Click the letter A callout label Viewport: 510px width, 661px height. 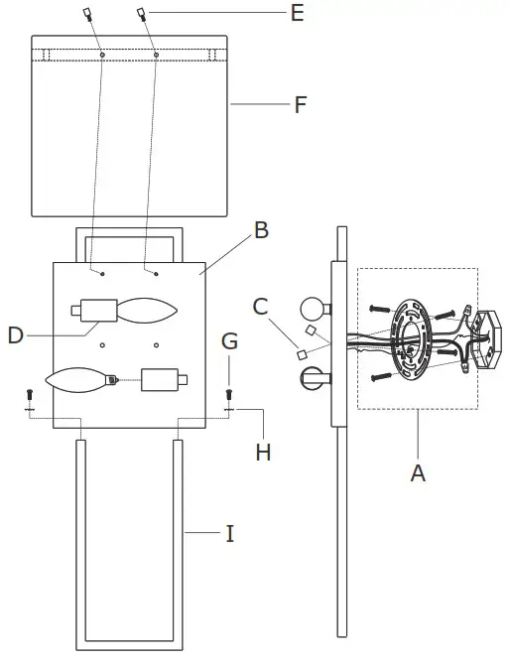[x=418, y=473]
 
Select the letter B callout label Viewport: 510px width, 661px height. [x=261, y=230]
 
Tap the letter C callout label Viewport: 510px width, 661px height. [x=260, y=308]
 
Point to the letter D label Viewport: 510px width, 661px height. [x=15, y=335]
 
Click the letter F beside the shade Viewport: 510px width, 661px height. [x=300, y=104]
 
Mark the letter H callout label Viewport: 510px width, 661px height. [x=262, y=452]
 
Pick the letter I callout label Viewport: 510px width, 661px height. [x=230, y=534]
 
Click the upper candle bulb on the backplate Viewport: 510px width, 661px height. [x=146, y=310]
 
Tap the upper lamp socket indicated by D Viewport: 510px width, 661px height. [x=94, y=310]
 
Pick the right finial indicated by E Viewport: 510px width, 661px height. [x=143, y=14]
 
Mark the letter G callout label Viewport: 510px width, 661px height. [x=229, y=342]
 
